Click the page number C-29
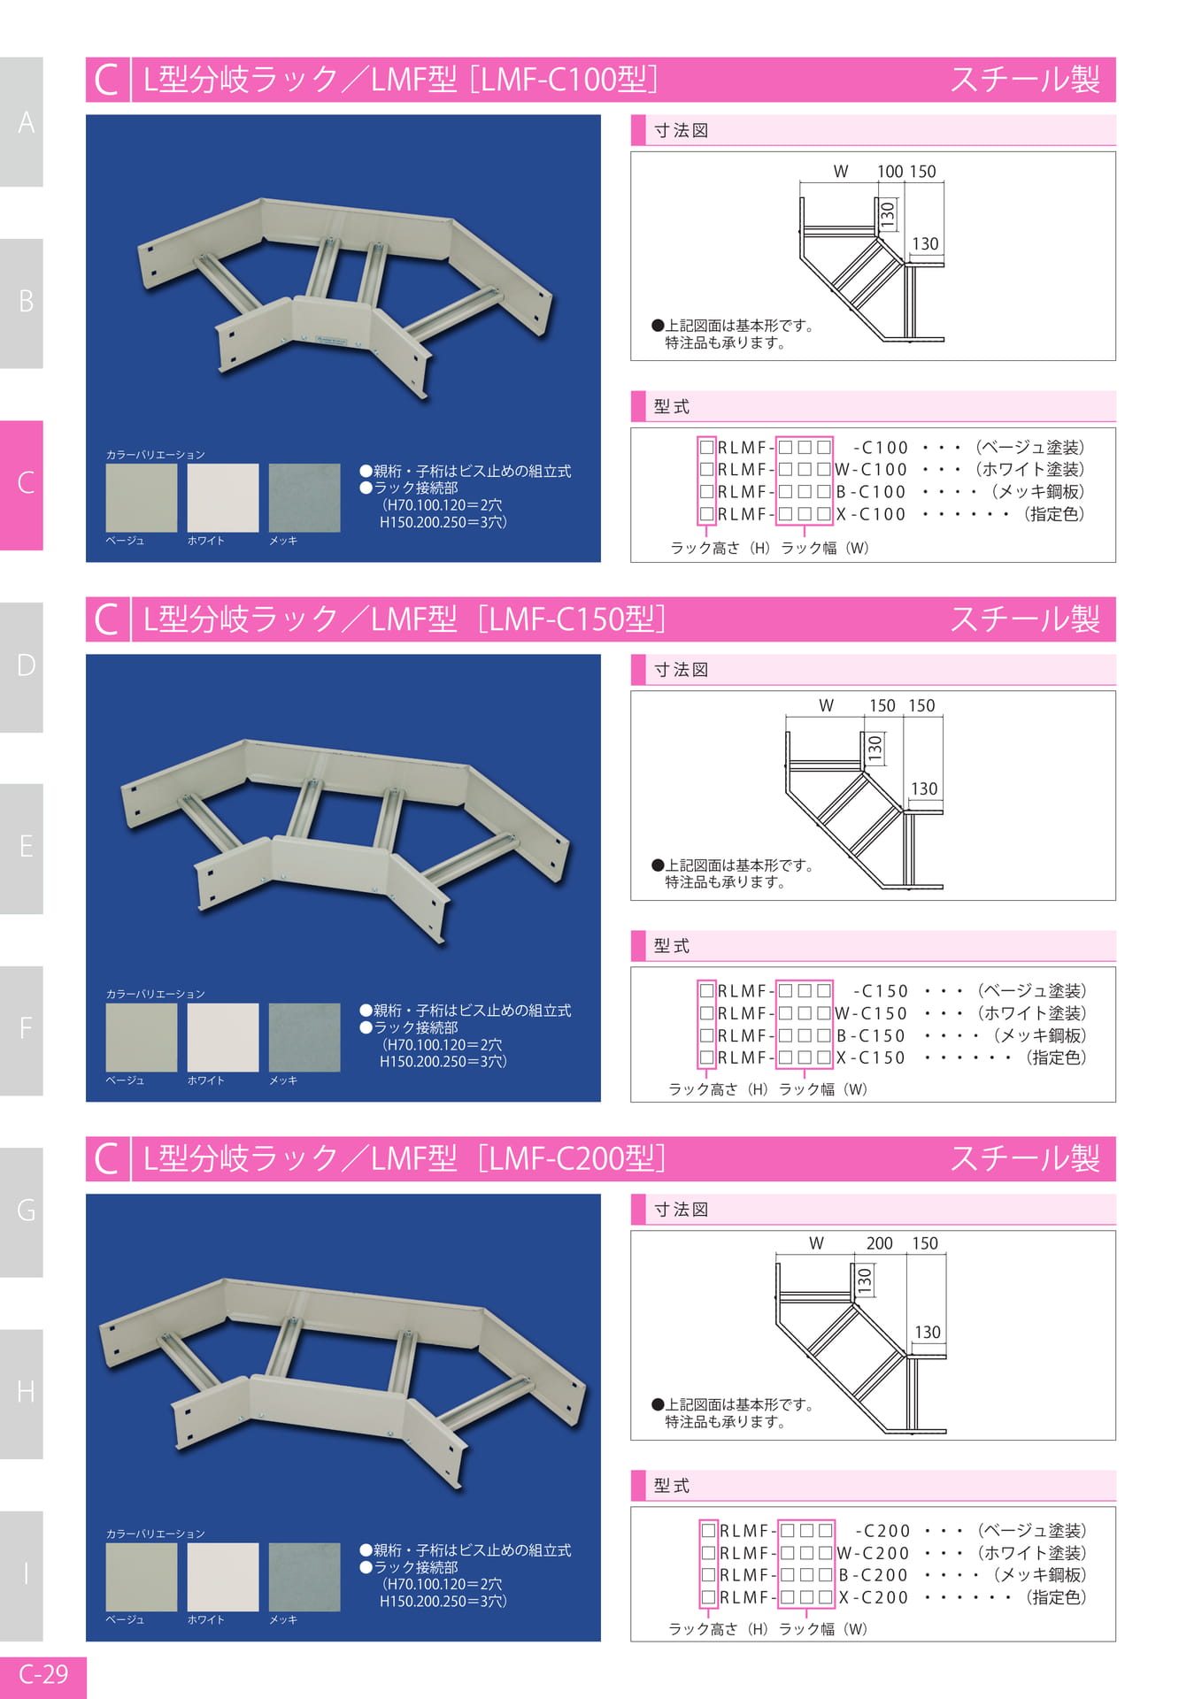click(x=43, y=1673)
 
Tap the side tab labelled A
click(x=21, y=122)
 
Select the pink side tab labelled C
click(x=21, y=485)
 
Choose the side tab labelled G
click(x=21, y=1211)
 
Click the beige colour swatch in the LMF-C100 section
click(x=142, y=498)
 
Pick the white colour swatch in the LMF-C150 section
click(x=223, y=1037)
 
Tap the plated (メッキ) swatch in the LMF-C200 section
click(x=304, y=1577)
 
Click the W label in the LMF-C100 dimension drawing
click(x=841, y=172)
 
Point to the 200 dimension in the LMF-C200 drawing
click(x=879, y=1243)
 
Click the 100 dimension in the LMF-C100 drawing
click(x=890, y=172)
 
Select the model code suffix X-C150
click(x=871, y=1057)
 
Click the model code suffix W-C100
click(x=871, y=470)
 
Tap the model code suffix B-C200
click(x=874, y=1575)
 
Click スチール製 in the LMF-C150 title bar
click(x=1025, y=619)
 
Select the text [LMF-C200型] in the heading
click(x=572, y=1158)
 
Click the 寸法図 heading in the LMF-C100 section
click(x=682, y=130)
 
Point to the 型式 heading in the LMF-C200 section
click(x=672, y=1486)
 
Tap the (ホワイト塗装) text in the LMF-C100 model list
click(x=1029, y=470)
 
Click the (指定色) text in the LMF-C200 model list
click(x=1055, y=1597)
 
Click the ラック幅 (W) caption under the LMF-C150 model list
click(x=823, y=1089)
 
